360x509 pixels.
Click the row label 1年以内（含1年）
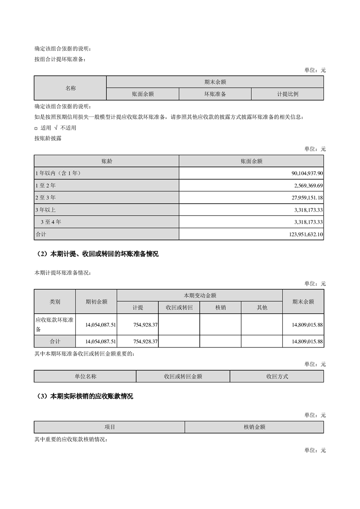tap(60, 173)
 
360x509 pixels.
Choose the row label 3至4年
tap(50, 222)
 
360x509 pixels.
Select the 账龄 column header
tap(107, 161)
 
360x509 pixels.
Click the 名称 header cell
tap(70, 88)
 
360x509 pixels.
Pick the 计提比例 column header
tap(287, 94)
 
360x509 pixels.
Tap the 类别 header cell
tap(55, 301)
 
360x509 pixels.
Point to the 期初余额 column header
tap(96, 301)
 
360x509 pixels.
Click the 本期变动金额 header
tap(199, 295)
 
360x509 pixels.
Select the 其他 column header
tap(262, 308)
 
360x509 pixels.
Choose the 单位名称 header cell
tap(85, 377)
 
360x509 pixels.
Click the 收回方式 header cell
tap(277, 377)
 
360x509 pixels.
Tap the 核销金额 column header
tap(254, 427)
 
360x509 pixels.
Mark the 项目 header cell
tap(109, 427)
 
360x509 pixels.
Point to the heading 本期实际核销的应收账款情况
tap(92, 396)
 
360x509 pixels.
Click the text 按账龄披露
tap(48, 138)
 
